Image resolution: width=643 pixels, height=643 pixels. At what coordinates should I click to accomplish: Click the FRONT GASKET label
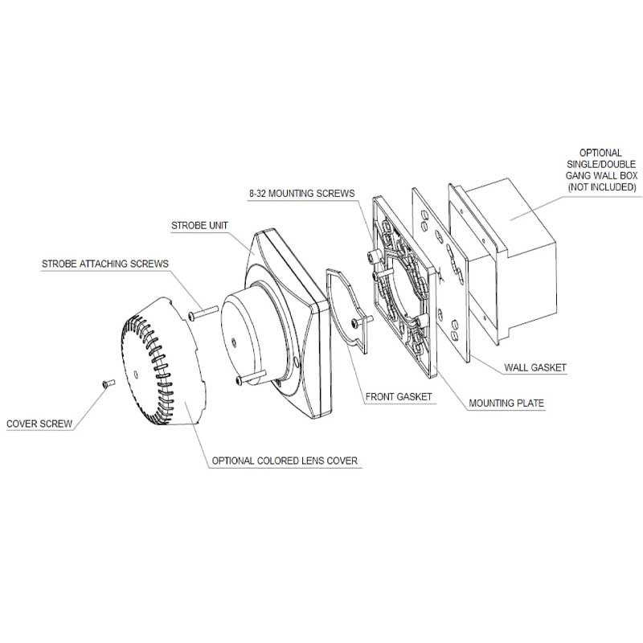(x=399, y=396)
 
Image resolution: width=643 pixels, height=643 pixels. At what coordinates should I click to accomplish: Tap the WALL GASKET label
(x=535, y=367)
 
